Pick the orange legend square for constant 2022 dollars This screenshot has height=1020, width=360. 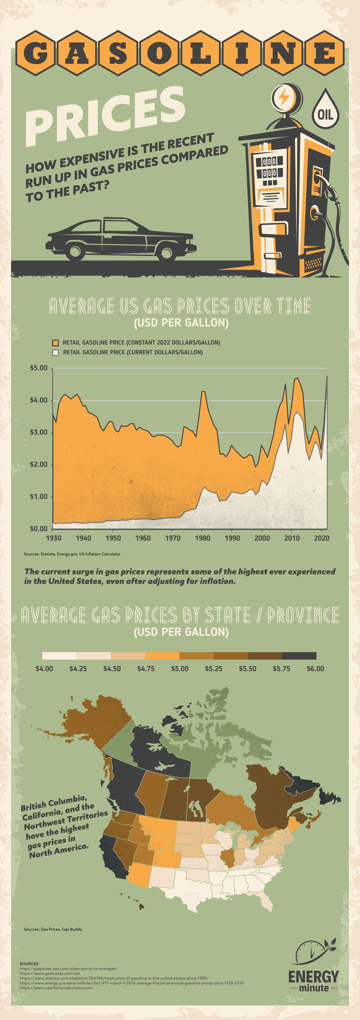coord(55,343)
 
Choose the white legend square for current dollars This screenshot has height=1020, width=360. coord(55,352)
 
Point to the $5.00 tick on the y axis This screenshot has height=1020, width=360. coord(38,368)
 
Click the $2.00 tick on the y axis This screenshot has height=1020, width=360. coord(38,464)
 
